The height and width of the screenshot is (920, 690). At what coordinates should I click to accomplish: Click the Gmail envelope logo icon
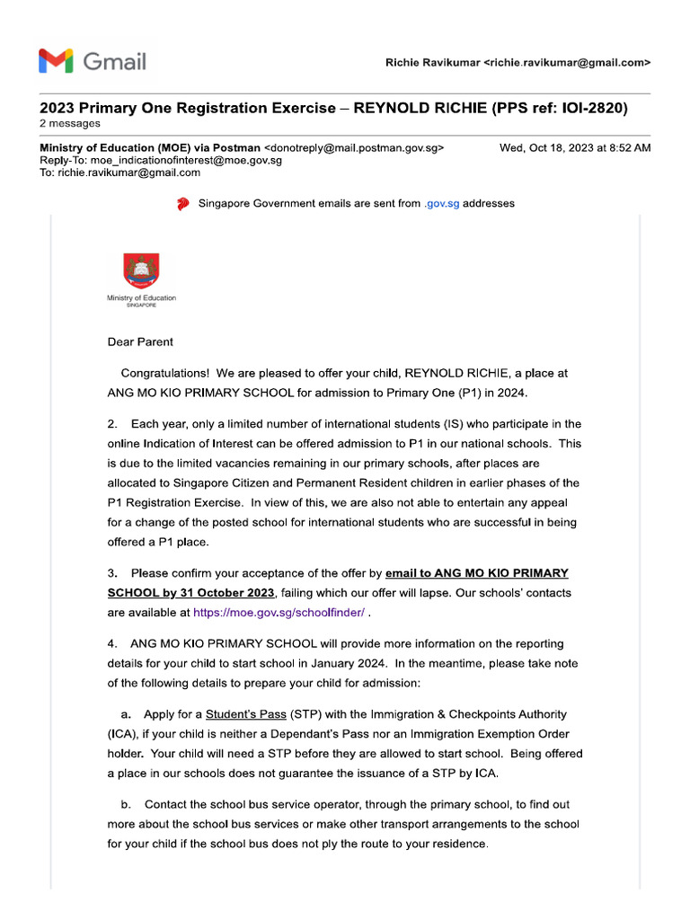(x=56, y=61)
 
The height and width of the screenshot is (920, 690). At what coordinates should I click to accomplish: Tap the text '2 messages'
(x=70, y=124)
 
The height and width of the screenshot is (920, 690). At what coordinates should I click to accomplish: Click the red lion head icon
(x=183, y=204)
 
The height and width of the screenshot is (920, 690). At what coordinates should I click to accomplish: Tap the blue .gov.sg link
(x=441, y=204)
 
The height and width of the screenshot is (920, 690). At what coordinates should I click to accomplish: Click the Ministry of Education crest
(x=141, y=271)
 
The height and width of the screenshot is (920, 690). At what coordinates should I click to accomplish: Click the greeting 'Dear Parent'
(x=140, y=341)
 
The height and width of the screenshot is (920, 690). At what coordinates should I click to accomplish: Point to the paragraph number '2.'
(x=113, y=423)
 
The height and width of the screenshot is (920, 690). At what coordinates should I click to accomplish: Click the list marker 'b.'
(x=127, y=804)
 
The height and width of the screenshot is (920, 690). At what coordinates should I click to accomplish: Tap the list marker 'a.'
(x=127, y=715)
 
